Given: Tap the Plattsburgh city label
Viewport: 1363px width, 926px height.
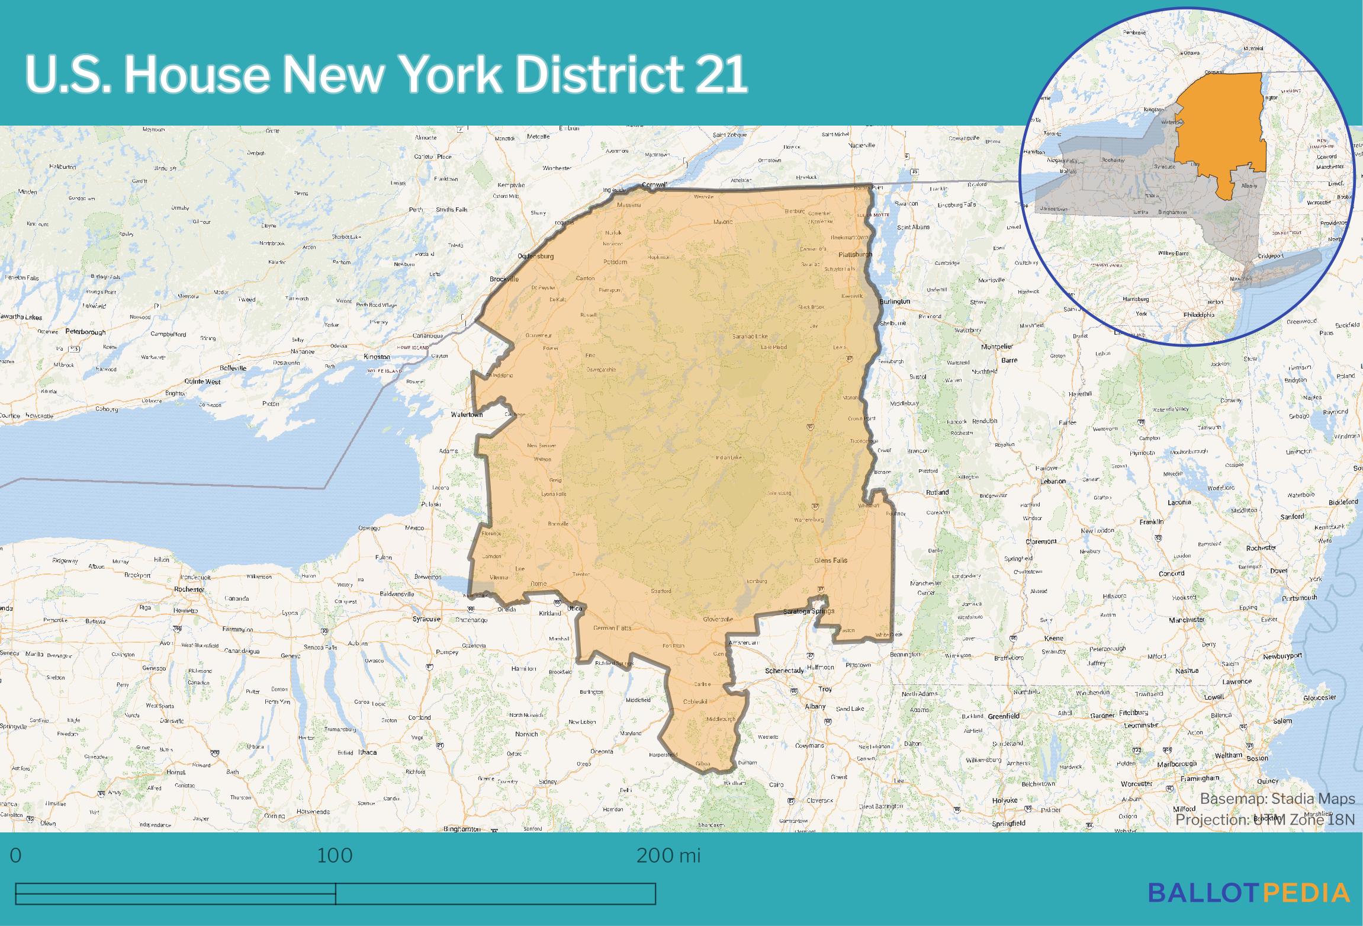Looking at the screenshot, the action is [x=855, y=255].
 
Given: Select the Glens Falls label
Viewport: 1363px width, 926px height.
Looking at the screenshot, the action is [x=831, y=560].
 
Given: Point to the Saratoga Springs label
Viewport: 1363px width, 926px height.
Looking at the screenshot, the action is [x=808, y=611].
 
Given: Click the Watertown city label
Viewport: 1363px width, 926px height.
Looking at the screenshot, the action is [x=467, y=415].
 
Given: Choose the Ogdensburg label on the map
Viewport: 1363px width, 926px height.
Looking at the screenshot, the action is [x=535, y=257].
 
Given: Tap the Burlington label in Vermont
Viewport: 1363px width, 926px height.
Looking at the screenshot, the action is [x=895, y=302].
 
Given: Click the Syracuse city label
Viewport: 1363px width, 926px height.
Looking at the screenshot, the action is [x=426, y=619].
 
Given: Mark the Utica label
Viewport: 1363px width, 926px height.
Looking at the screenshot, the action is [x=574, y=608].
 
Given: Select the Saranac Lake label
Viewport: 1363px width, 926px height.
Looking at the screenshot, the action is [x=750, y=337].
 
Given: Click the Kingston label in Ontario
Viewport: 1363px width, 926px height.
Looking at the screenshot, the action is [x=377, y=357].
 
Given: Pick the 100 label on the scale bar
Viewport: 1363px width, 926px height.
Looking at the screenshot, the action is [x=335, y=855].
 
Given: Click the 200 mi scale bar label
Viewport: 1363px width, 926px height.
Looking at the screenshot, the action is [x=668, y=855].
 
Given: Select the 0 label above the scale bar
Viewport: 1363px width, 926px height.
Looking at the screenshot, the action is [x=16, y=855].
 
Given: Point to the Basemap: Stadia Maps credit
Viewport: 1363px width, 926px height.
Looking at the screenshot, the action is [x=1277, y=799].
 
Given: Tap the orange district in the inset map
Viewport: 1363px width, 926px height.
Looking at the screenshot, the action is [x=1220, y=136].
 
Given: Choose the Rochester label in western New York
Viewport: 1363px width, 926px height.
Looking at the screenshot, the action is [x=189, y=589].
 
